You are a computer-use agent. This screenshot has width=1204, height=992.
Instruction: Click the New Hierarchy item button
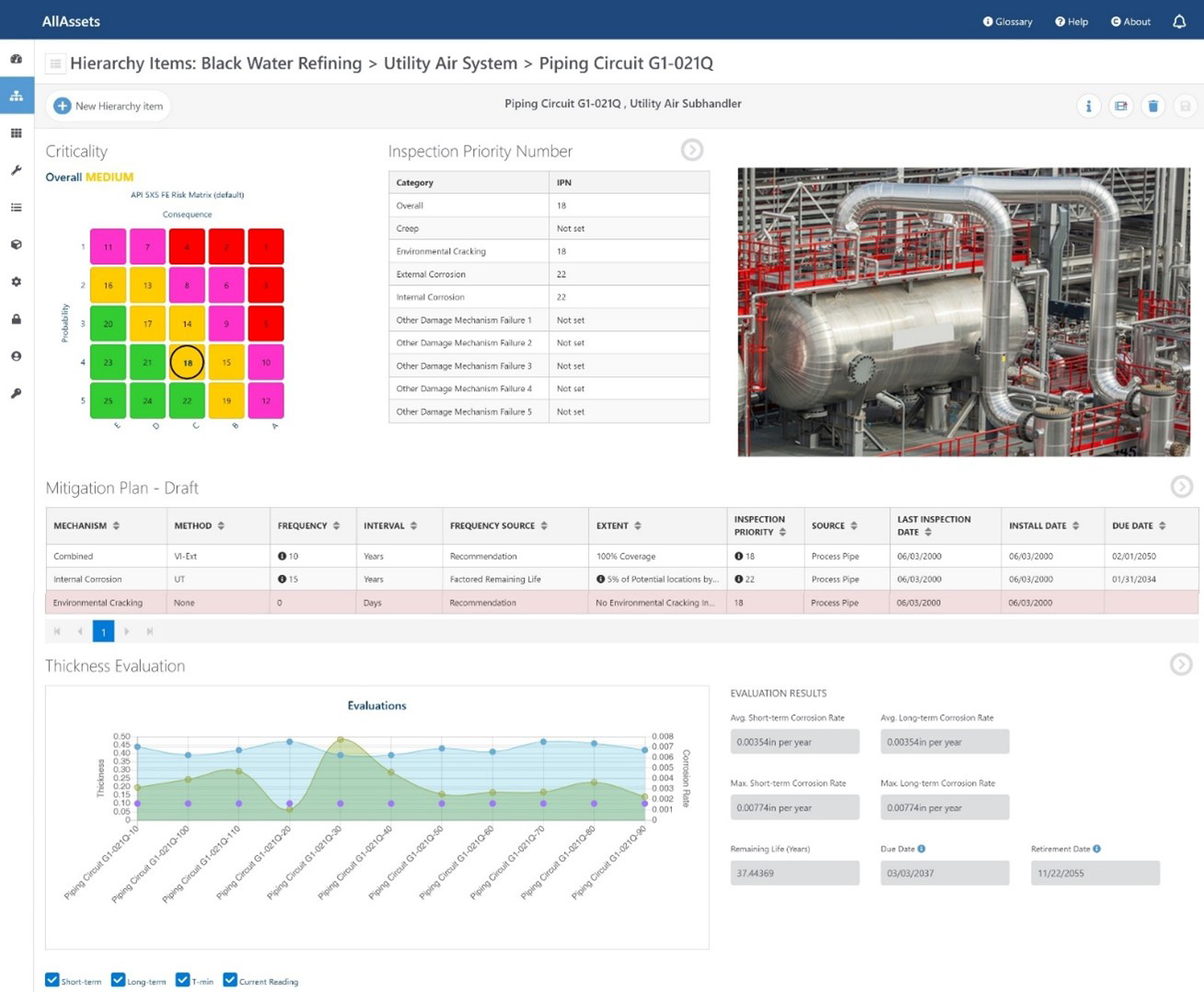click(109, 106)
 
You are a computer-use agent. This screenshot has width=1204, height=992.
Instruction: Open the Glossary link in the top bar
click(1008, 21)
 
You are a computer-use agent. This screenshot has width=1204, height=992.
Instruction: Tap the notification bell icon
click(1178, 21)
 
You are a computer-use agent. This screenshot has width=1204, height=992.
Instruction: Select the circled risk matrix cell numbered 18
click(187, 363)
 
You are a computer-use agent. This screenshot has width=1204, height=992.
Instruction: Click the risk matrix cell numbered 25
click(108, 401)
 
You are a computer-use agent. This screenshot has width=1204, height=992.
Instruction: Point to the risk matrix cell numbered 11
click(108, 247)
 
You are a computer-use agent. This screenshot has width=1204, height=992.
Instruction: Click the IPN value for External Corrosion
click(561, 274)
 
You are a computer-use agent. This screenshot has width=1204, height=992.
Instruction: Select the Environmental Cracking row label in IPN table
click(441, 251)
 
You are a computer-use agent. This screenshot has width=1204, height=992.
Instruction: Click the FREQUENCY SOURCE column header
click(492, 525)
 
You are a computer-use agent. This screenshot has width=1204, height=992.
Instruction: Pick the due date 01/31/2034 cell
click(1132, 580)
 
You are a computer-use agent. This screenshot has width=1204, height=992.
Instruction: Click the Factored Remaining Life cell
click(495, 580)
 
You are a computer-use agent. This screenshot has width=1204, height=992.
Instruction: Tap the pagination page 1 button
click(103, 631)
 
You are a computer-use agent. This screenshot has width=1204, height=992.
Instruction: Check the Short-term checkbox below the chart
click(52, 980)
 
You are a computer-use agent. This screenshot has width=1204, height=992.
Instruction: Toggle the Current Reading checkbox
click(230, 980)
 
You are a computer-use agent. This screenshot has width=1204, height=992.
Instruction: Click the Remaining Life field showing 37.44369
click(794, 873)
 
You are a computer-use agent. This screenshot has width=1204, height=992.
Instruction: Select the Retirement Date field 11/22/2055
click(1094, 873)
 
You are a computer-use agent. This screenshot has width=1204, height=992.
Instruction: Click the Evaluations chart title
click(376, 706)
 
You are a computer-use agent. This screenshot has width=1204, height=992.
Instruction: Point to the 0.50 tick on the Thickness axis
click(122, 736)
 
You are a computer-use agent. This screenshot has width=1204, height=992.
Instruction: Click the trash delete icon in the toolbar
click(1152, 106)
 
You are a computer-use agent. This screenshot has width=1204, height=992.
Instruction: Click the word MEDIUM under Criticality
click(110, 177)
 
